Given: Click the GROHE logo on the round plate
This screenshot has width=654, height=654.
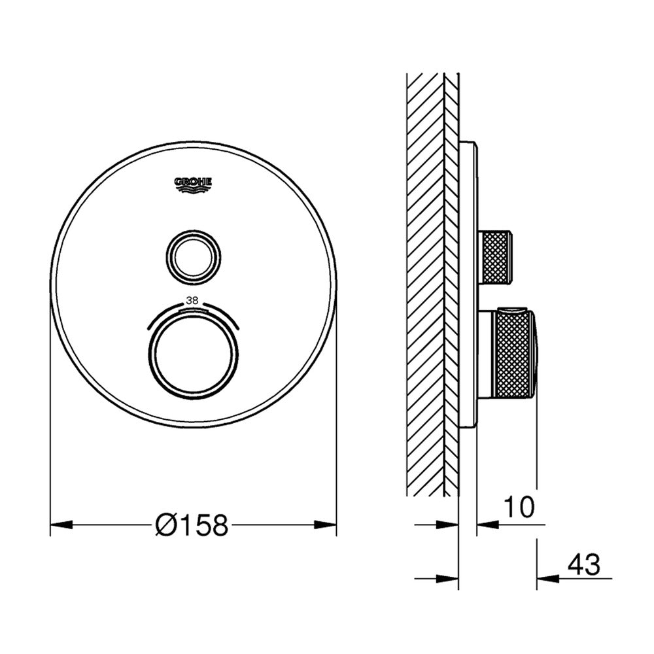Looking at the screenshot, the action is pyautogui.click(x=193, y=185).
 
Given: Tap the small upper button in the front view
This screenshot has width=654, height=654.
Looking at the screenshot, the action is pyautogui.click(x=194, y=257).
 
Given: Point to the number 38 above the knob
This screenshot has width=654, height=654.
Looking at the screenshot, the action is pyautogui.click(x=192, y=300).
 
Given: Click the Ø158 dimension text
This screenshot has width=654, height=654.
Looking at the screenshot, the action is pyautogui.click(x=192, y=525).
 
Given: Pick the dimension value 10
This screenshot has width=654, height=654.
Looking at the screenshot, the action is pyautogui.click(x=519, y=507).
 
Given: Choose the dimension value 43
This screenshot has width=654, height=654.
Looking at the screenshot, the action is pyautogui.click(x=584, y=564).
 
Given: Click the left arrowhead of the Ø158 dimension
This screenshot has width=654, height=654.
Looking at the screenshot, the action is pyautogui.click(x=61, y=525).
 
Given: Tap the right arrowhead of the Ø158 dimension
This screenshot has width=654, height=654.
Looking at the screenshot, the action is pyautogui.click(x=325, y=525).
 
